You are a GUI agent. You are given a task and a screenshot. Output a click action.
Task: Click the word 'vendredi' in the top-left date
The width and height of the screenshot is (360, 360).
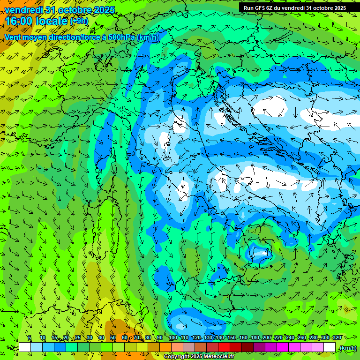coord(22,10)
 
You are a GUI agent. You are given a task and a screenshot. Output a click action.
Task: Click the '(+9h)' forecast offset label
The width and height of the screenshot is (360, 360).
coord(79,21)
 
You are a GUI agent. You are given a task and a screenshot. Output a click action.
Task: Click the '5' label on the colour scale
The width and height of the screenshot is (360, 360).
coord(30,337)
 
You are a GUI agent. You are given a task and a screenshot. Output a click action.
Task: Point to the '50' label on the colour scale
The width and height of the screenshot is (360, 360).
coord(112,337)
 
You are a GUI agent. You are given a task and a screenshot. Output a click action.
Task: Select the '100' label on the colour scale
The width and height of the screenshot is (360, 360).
coord(172,337)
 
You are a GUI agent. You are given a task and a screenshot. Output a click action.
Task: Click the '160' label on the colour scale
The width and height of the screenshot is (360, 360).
coord(243,337)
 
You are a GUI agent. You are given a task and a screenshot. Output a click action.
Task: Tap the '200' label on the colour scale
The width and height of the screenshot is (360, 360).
coord(267,337)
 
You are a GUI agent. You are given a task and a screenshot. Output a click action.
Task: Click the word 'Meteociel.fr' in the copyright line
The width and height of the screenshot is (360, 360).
coord(215,357)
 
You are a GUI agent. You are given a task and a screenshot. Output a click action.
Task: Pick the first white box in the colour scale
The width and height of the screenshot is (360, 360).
coord(25,347)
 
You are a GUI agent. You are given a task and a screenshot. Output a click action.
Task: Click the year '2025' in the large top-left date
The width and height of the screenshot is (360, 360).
coord(100,10)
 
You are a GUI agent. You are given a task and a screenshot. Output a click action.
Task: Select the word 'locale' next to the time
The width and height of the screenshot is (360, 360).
coord(52,21)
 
